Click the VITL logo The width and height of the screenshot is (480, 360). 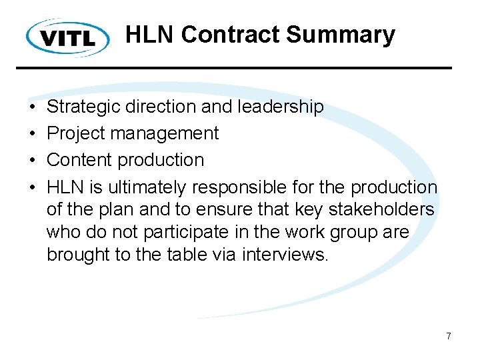pos(68,37)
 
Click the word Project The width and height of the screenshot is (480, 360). pos(75,133)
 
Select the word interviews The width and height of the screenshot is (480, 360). pos(285,255)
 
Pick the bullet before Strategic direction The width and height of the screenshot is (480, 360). pos(32,107)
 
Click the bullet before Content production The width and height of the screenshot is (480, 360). pos(32,161)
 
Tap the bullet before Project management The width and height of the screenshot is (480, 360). pos(32,134)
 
